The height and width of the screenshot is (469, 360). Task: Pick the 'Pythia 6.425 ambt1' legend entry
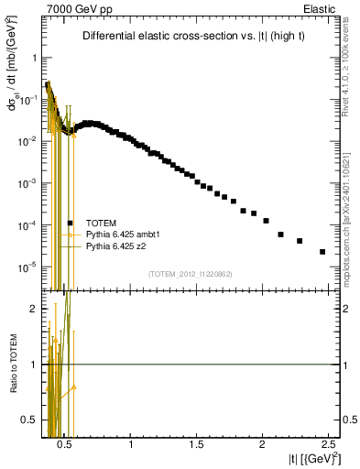tap(119, 234)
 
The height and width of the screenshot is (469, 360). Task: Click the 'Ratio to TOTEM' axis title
tap(12, 365)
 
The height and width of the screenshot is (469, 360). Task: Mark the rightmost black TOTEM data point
tap(322, 252)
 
